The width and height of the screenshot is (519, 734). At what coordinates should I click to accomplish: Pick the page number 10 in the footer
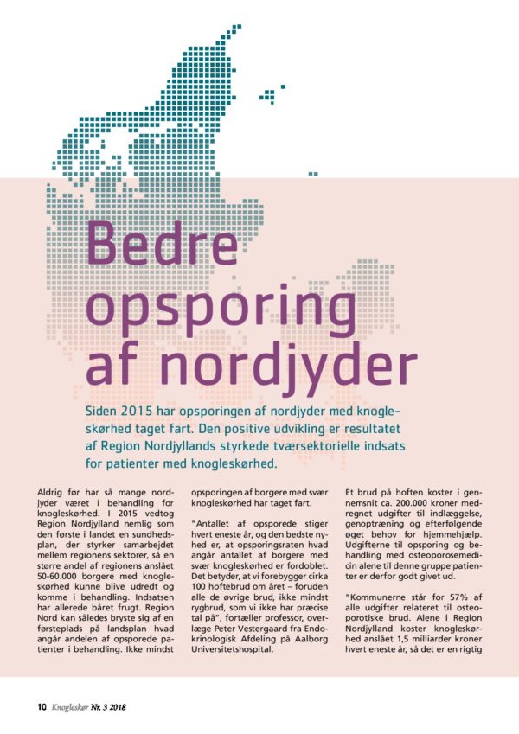[x=42, y=705]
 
